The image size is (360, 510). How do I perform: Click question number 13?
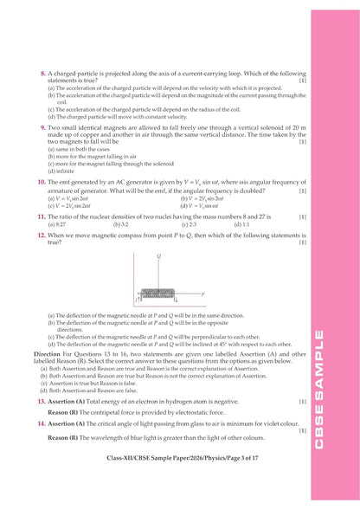(42, 402)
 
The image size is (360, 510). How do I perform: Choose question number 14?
(42, 425)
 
